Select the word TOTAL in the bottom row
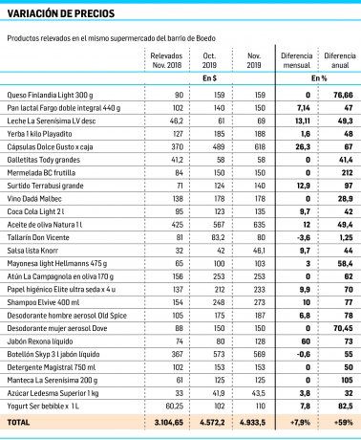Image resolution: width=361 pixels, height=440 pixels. (x=18, y=421)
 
